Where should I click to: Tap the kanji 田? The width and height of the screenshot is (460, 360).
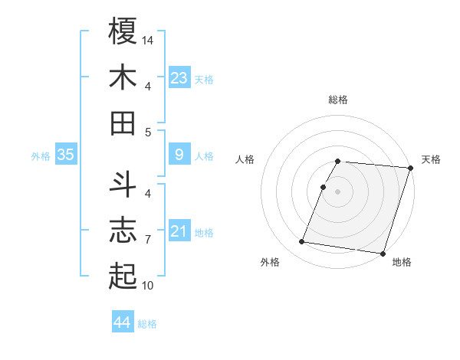(x=123, y=123)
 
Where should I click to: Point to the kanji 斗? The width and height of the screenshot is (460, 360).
(x=123, y=185)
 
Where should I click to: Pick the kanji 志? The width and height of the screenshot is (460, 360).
(x=123, y=231)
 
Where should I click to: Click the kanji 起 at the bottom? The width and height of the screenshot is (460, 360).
(x=123, y=277)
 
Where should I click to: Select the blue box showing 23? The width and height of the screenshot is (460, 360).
(x=179, y=77)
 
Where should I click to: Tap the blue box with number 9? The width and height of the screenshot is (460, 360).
(x=179, y=155)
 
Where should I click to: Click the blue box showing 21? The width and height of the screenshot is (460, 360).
(x=179, y=231)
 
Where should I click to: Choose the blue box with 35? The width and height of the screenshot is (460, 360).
(x=66, y=155)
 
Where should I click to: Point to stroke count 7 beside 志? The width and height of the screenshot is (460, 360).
(x=148, y=240)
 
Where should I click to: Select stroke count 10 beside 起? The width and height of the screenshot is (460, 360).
(x=148, y=286)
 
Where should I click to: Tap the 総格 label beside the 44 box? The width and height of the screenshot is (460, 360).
(x=147, y=324)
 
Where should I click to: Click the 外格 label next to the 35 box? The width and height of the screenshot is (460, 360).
(x=41, y=156)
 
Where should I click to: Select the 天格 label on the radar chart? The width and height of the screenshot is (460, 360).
(x=431, y=159)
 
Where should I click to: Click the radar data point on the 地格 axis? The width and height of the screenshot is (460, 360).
(x=383, y=253)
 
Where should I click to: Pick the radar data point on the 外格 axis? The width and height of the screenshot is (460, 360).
(x=302, y=242)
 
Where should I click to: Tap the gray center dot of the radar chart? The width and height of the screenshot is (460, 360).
(x=337, y=191)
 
